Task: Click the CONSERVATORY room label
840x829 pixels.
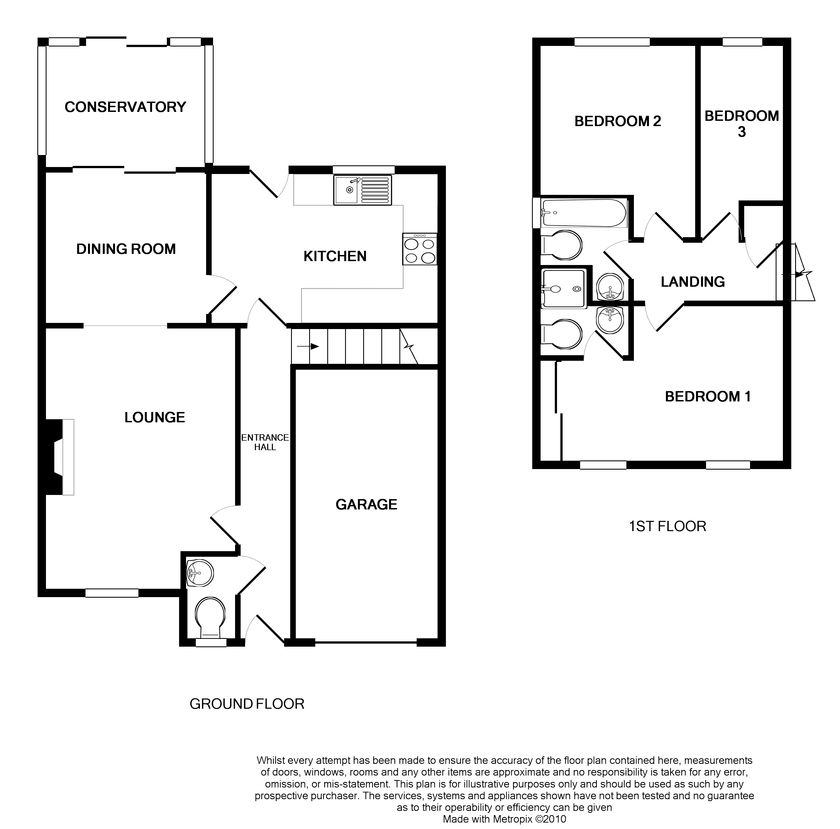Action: (125, 107)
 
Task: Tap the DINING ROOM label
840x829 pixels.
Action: (126, 249)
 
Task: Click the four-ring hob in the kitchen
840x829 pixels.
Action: (419, 249)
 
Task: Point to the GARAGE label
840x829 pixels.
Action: (367, 504)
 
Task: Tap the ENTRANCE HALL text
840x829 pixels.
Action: (265, 442)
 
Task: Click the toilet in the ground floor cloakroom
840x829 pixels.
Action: (211, 618)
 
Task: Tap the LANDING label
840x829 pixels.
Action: (693, 282)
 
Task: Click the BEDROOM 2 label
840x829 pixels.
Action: (618, 121)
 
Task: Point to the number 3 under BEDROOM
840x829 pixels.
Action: (742, 132)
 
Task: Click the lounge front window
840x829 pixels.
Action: (112, 593)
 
